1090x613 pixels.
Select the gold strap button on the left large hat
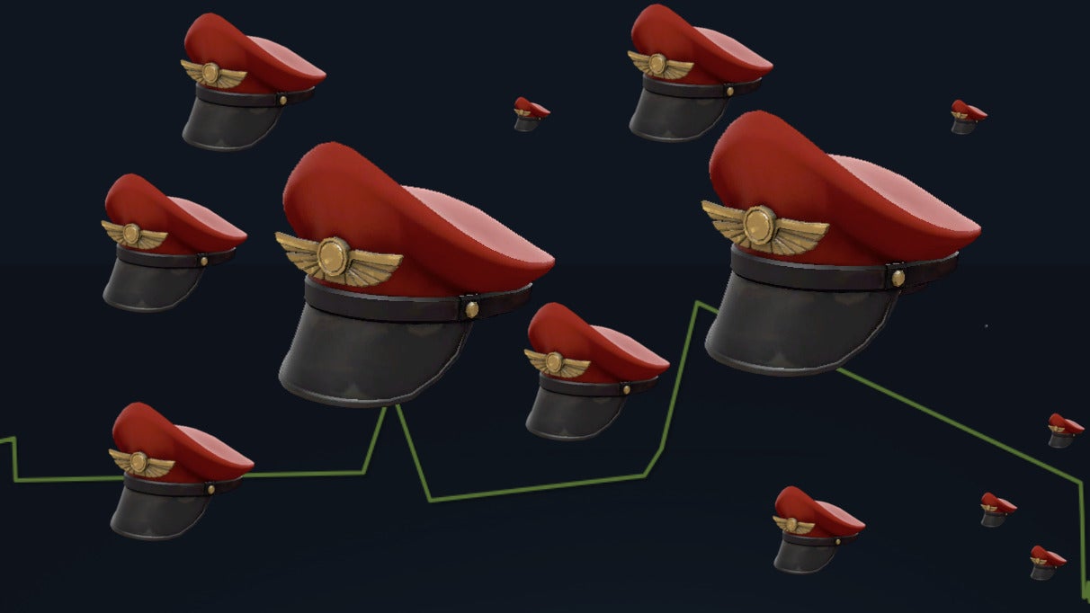(470, 308)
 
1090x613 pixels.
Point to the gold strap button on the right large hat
(897, 277)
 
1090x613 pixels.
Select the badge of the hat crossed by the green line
(139, 463)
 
